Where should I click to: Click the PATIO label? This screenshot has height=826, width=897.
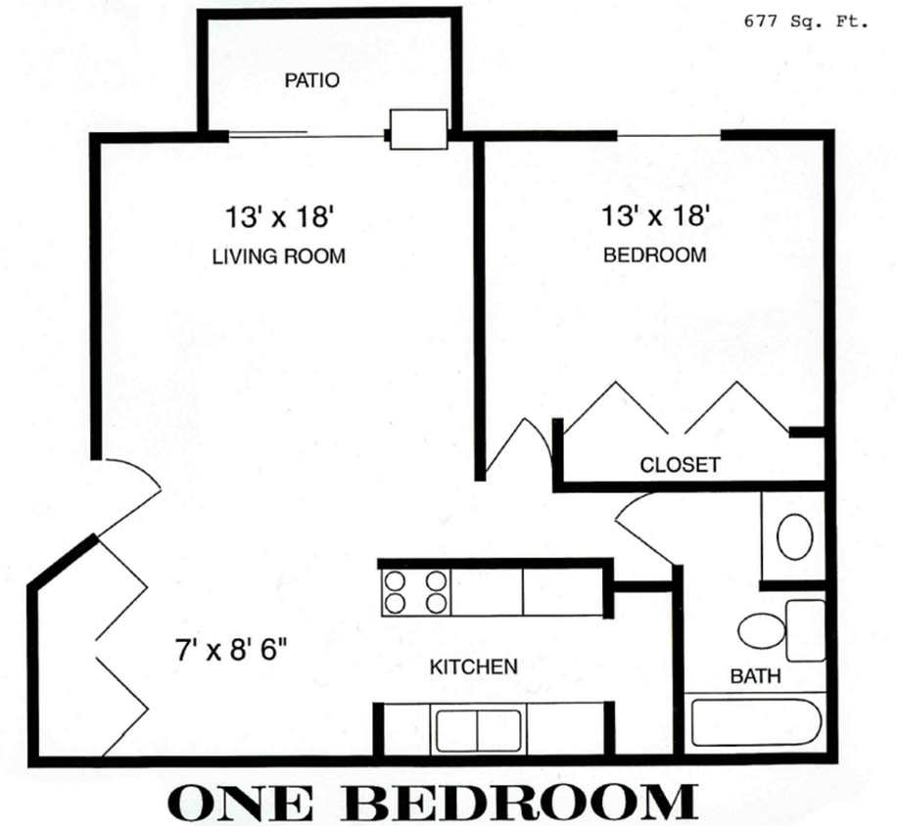(x=311, y=80)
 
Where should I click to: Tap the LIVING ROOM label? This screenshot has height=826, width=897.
(x=278, y=257)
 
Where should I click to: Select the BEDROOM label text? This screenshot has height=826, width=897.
(x=654, y=255)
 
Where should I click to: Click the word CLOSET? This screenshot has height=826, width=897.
(x=680, y=465)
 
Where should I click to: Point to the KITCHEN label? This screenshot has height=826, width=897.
(x=473, y=667)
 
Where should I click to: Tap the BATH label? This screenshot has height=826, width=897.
(x=754, y=676)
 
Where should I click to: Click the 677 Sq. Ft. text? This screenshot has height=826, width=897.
(x=805, y=22)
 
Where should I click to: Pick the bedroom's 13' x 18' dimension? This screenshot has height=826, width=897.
(x=655, y=214)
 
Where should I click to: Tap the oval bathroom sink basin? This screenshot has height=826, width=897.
(x=794, y=536)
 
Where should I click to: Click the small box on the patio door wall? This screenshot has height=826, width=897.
(x=418, y=128)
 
